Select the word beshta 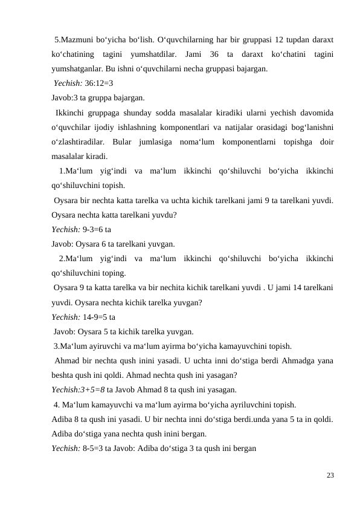(63, 375)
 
